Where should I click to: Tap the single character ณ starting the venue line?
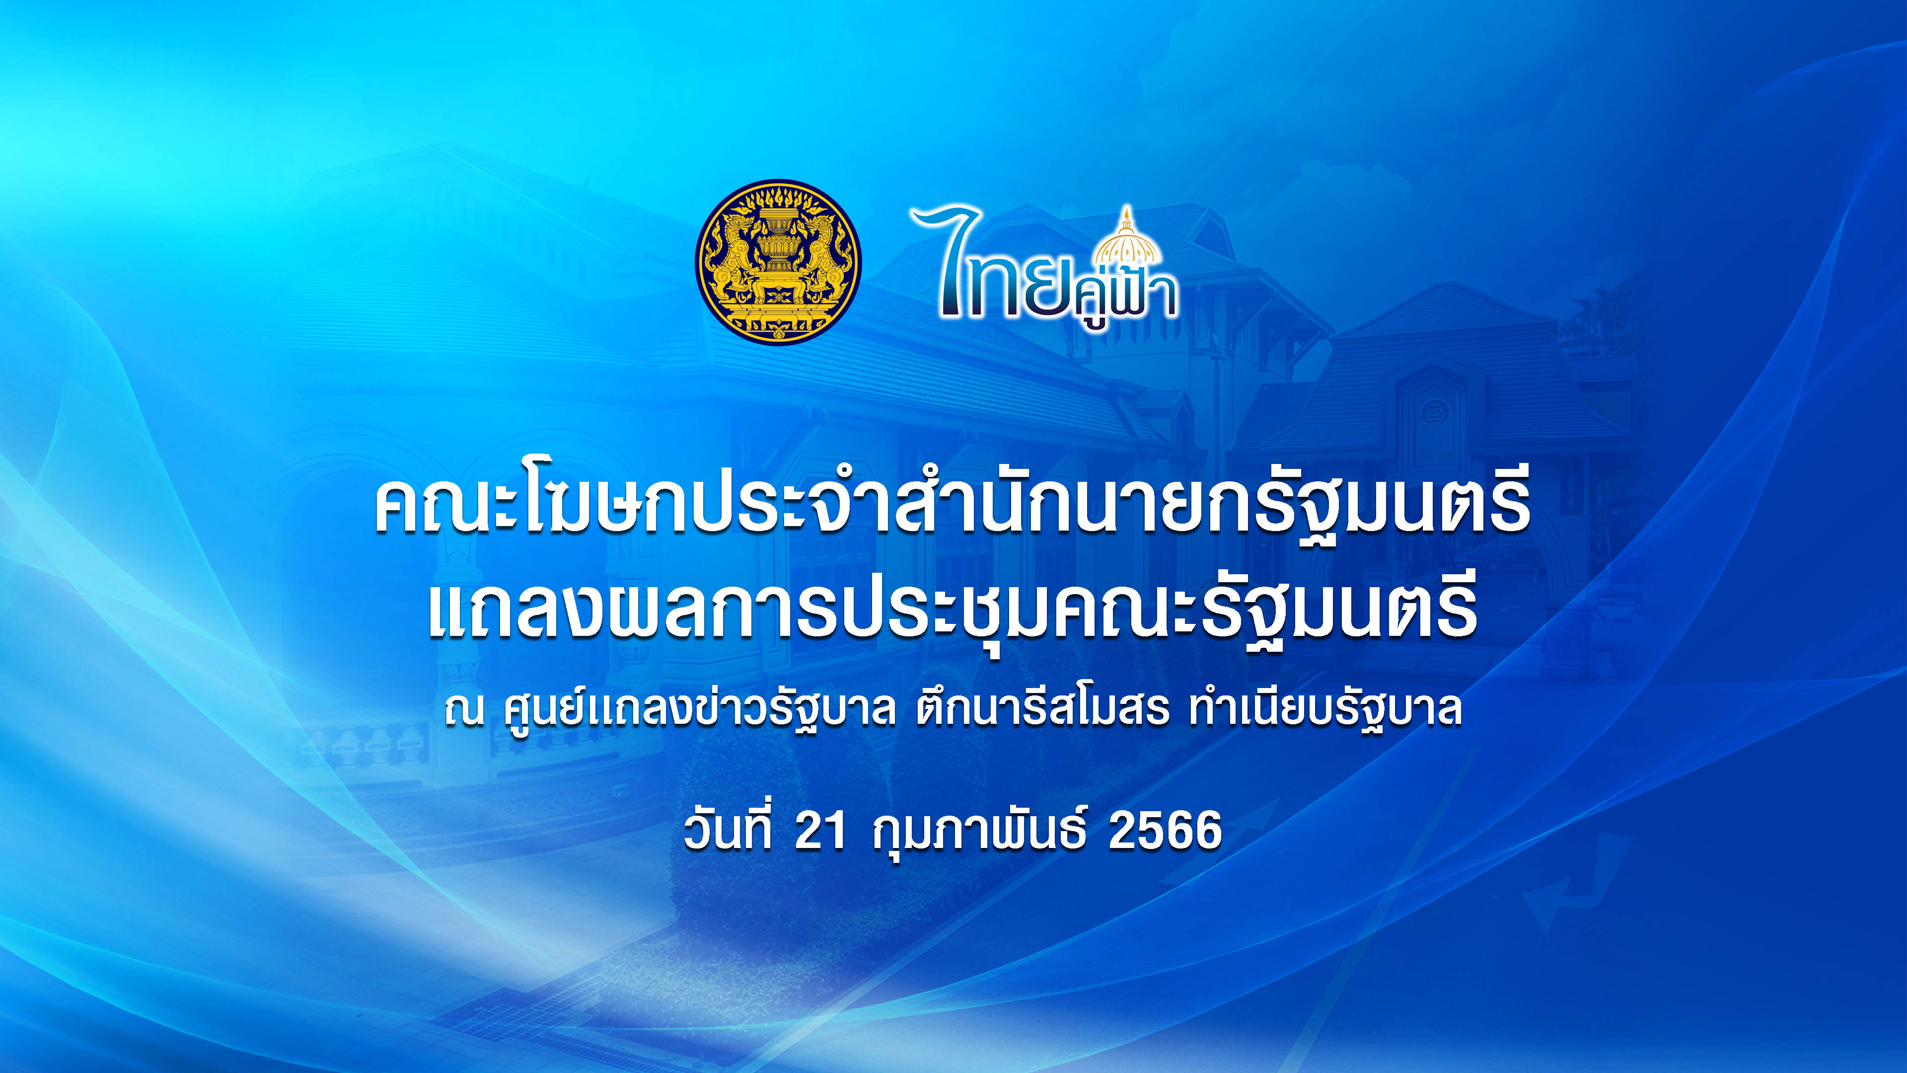pyautogui.click(x=464, y=711)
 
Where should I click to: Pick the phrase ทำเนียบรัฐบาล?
pyautogui.click(x=1325, y=709)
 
